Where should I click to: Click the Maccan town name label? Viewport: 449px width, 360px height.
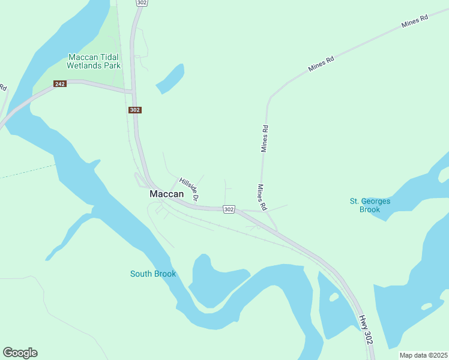[x=166, y=195]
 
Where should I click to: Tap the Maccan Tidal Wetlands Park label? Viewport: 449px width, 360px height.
[x=94, y=61]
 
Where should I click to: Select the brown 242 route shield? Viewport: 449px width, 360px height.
[x=59, y=84]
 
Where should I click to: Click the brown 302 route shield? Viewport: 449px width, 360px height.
[x=135, y=110]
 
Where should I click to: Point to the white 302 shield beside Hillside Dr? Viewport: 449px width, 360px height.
[x=228, y=209]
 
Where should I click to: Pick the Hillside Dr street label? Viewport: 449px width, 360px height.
[x=188, y=188]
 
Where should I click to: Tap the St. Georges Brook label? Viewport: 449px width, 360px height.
[x=370, y=205]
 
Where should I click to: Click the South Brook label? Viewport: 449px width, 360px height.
[x=153, y=274]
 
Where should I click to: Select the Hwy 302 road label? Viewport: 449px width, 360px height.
[x=366, y=329]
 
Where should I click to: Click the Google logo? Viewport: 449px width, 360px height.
[x=20, y=353]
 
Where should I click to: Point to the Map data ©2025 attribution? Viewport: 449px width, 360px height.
[x=423, y=355]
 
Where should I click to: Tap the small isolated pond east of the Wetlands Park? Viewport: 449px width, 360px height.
[x=170, y=79]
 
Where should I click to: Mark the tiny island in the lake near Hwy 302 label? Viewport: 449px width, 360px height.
[x=427, y=307]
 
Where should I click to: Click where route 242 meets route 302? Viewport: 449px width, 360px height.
[x=133, y=91]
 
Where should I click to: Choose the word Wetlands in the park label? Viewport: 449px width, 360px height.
[x=83, y=65]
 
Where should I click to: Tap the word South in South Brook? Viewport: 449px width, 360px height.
[x=141, y=274]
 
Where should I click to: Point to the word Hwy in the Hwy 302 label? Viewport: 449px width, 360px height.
[x=362, y=320]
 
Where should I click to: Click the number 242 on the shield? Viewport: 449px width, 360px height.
[x=59, y=84]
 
